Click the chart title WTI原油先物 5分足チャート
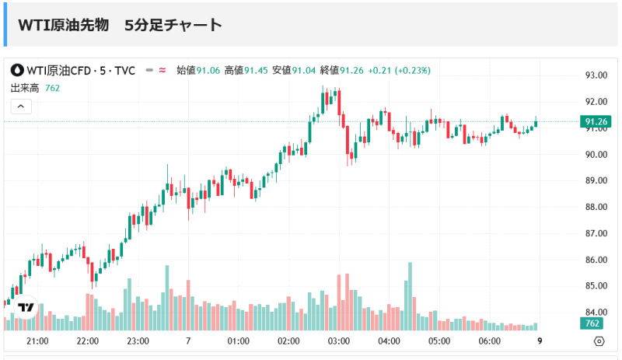point(121,25)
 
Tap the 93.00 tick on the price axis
point(596,75)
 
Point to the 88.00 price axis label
point(596,207)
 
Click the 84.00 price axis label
point(596,313)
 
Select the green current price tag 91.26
point(596,121)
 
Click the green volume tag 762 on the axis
point(592,323)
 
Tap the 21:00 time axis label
point(38,341)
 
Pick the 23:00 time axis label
point(138,341)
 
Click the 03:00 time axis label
point(338,341)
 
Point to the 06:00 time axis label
point(489,341)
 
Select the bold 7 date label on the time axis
point(189,341)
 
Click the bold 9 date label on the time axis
point(540,341)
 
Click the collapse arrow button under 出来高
point(21,107)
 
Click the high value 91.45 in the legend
point(256,71)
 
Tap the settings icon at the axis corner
point(599,341)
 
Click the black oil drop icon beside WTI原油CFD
point(16,71)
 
